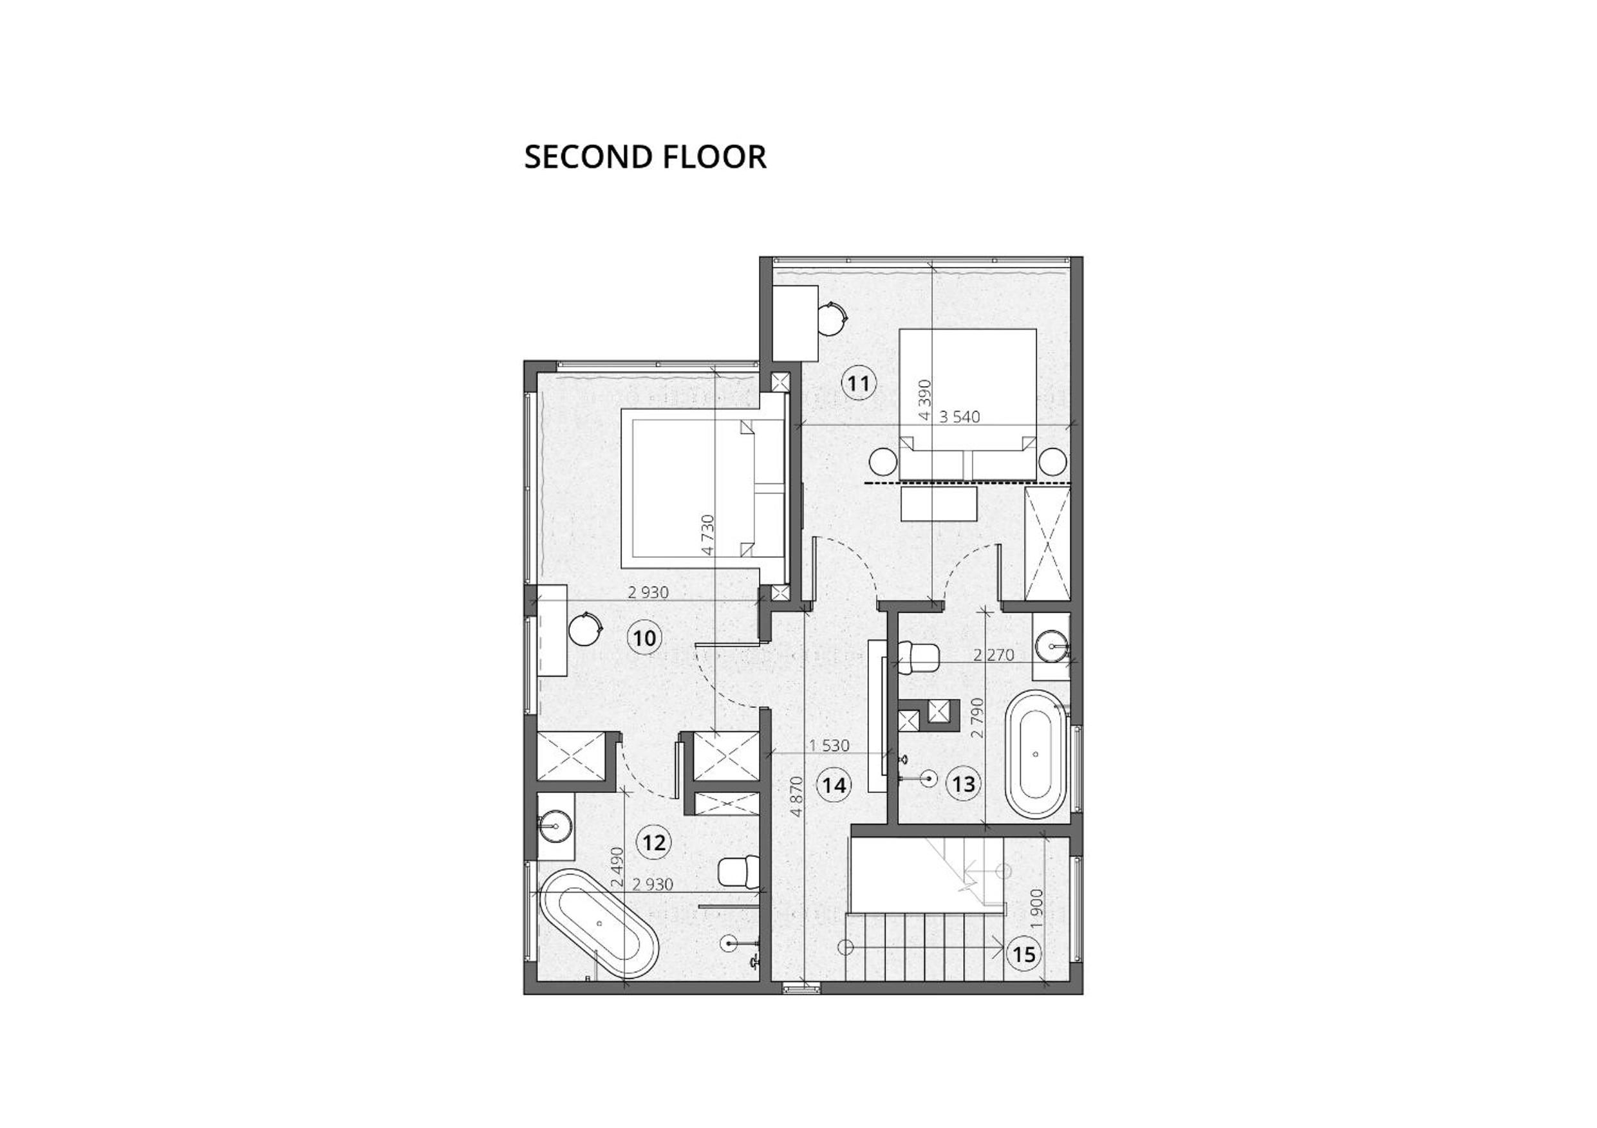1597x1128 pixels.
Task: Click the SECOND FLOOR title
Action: tap(645, 157)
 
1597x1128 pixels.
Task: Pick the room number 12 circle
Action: tap(654, 843)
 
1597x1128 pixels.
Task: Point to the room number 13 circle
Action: tap(964, 784)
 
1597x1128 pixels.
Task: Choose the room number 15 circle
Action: tap(1024, 954)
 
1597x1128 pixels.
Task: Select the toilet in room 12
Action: tap(739, 872)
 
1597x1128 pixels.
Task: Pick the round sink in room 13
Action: tap(1051, 646)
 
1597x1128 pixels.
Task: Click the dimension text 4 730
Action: tap(707, 534)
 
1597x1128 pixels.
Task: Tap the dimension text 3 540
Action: tap(959, 416)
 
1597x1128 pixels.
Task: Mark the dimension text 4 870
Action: tap(796, 796)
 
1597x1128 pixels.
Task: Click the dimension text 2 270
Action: tap(993, 654)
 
